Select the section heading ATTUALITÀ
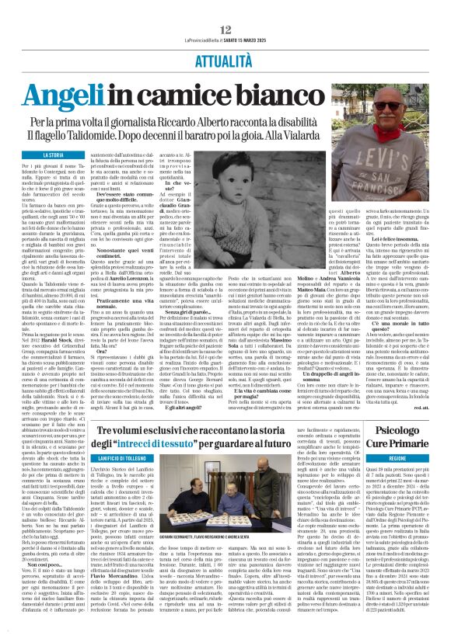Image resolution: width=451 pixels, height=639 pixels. (226, 36)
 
